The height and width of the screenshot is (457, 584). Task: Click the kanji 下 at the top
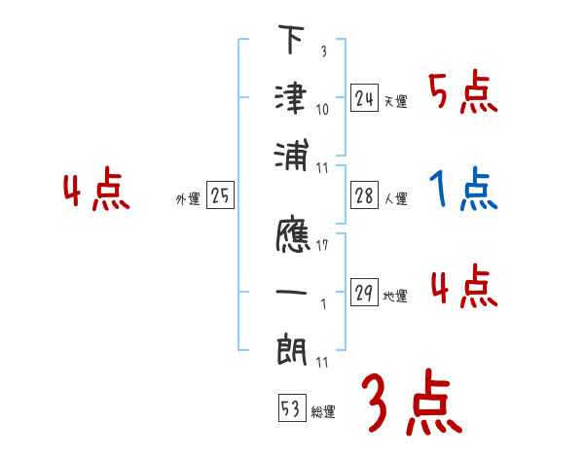click(291, 44)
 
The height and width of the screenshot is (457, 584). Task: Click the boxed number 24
click(364, 98)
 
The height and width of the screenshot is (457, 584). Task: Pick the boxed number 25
click(220, 196)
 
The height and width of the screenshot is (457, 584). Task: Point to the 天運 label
click(396, 101)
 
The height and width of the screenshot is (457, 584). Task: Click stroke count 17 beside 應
click(321, 245)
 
